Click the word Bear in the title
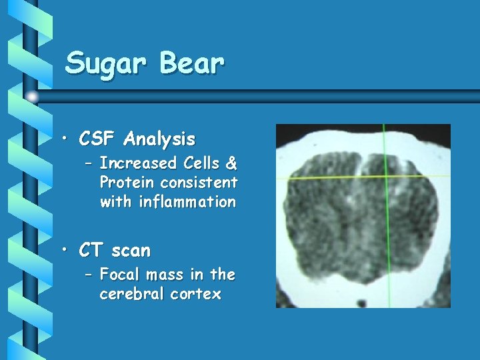coord(191,63)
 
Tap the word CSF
coord(98,139)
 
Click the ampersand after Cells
coord(230,163)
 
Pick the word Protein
coord(126,183)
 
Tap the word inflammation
coord(167,201)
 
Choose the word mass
coord(165,275)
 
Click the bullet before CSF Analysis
coord(65,140)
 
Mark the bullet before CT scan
coord(65,251)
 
